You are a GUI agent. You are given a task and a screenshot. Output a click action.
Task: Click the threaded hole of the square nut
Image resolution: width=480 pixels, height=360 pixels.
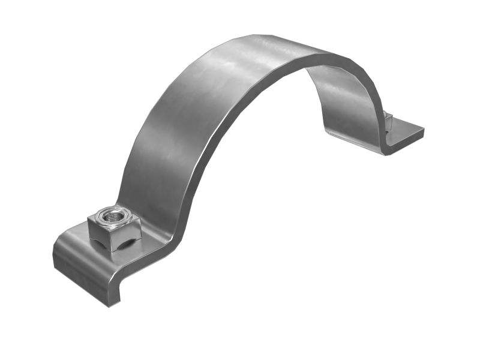tap(112, 214)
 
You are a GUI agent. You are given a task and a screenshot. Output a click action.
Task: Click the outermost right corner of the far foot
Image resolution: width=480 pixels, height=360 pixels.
tap(424, 129)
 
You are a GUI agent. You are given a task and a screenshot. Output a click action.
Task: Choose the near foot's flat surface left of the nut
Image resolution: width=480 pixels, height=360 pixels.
tap(75, 240)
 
